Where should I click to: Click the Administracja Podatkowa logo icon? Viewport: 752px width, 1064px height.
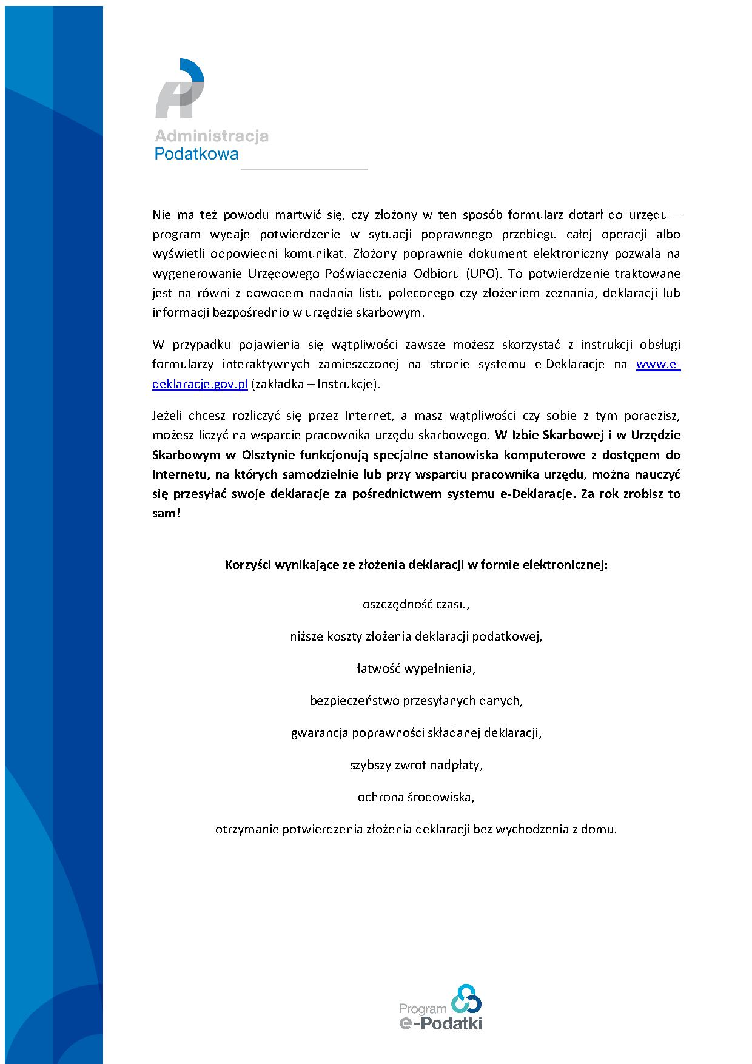180,89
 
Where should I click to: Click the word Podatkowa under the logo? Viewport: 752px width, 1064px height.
196,154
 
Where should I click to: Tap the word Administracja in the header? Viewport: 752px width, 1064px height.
211,136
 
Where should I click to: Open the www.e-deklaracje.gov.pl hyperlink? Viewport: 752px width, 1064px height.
658,365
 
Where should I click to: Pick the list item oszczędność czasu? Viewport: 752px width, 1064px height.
416,605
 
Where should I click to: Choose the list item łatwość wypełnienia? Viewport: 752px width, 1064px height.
416,668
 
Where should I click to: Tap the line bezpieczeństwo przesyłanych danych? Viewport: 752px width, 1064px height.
416,701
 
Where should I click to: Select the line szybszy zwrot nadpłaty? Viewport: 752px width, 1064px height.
416,765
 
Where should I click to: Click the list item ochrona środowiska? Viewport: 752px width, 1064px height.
416,797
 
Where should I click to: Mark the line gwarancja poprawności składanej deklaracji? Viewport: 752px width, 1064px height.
416,733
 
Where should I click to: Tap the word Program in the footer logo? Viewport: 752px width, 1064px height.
422,1009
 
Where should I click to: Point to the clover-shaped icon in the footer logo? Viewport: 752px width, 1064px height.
466,998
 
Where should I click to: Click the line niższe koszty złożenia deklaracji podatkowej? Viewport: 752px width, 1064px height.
416,637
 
